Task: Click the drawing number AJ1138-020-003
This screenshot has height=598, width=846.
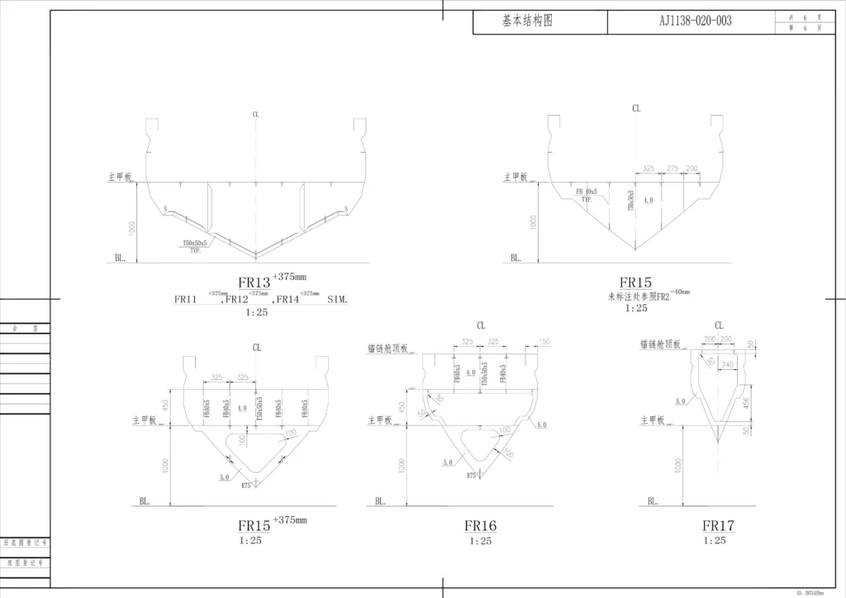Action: point(695,21)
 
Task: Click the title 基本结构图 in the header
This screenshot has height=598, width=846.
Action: point(527,21)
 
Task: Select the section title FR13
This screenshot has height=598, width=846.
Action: point(254,283)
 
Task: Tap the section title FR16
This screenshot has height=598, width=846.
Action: point(480,526)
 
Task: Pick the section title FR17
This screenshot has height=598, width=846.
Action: point(719,526)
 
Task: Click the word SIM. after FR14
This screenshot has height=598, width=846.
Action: point(338,300)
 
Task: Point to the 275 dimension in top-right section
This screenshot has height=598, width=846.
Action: point(672,168)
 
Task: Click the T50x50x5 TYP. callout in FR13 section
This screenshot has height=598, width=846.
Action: point(197,245)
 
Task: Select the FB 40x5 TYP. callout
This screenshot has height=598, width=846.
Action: point(586,195)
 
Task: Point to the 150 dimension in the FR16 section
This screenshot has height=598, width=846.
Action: point(544,341)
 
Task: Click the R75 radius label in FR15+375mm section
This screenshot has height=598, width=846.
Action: point(246,486)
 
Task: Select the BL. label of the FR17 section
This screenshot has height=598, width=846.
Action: point(653,501)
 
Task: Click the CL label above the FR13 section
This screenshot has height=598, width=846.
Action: point(256,115)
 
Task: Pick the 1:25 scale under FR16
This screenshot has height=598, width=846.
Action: point(480,541)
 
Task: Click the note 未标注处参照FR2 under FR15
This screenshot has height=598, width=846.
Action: point(638,296)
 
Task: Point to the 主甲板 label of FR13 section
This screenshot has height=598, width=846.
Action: point(120,177)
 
